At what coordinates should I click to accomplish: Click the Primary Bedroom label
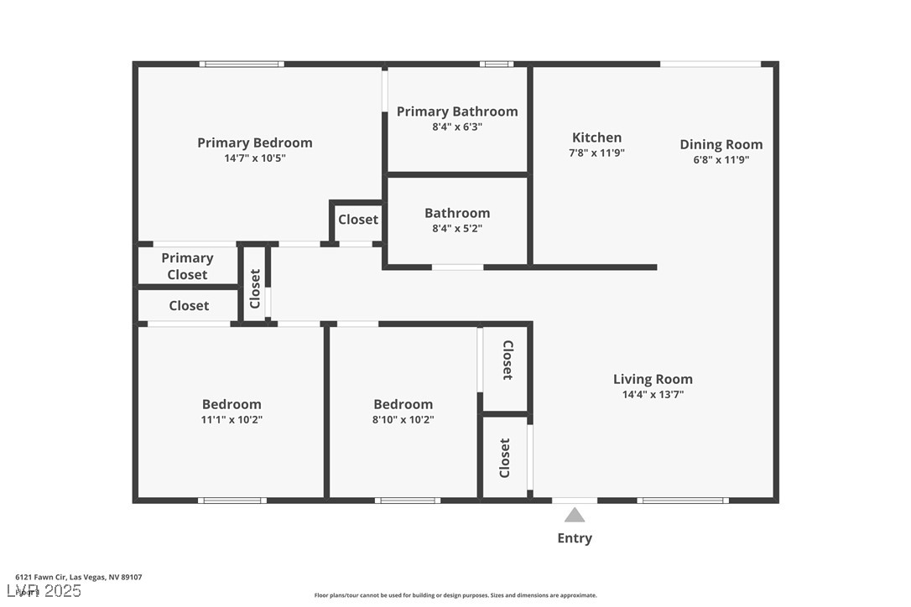254,143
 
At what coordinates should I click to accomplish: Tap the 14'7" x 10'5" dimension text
254,158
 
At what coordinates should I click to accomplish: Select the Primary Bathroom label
457,112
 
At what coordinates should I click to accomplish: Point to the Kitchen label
596,137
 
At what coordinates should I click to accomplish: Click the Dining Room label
721,144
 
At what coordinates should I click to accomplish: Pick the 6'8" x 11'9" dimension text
721,159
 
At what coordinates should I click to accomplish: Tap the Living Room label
652,379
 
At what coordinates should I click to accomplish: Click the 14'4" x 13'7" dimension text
652,394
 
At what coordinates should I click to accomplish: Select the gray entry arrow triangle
575,515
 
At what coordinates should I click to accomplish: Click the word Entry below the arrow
575,538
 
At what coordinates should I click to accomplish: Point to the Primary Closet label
187,266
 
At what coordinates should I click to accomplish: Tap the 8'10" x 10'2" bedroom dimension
403,420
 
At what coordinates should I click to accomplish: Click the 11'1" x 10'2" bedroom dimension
232,420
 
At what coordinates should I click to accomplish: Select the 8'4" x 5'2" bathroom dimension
456,228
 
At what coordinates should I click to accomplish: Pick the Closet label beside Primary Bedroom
357,220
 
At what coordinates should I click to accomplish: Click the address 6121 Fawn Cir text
78,577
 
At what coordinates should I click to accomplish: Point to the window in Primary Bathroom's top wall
496,64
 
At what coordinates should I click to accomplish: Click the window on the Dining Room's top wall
710,64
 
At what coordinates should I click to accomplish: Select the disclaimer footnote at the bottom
455,595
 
